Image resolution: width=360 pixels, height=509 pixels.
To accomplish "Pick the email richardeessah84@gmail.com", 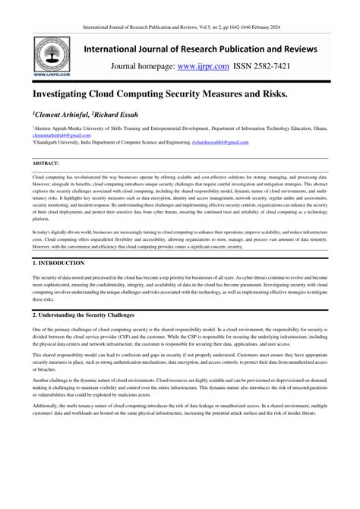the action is click(229, 141).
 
